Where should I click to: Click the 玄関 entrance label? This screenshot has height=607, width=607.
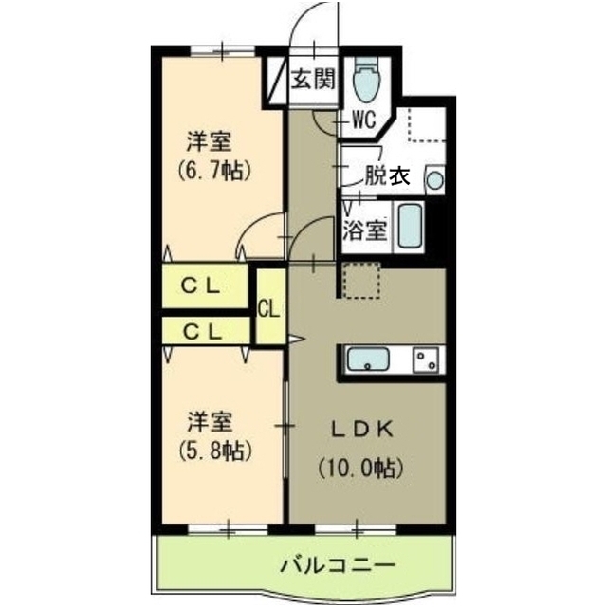311,80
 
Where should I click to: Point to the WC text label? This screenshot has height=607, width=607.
365,120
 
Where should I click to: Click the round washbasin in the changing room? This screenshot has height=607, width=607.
433,177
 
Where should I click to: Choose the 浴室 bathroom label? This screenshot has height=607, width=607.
365,229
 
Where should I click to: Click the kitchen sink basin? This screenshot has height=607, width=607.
370,360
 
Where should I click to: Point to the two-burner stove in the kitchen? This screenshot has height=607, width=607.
425,359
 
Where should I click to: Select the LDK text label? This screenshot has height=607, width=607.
360,429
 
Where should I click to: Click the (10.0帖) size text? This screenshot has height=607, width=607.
360,467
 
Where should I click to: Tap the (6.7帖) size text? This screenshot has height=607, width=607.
211,172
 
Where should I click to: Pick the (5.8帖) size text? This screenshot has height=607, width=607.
210,449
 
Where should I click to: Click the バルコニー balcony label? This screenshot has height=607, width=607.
337,567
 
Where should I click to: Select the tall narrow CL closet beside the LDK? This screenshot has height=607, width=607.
268,307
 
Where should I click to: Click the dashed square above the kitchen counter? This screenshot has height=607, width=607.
361,280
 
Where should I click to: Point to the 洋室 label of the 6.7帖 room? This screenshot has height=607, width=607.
209,143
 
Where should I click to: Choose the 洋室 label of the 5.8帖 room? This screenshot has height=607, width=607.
209,420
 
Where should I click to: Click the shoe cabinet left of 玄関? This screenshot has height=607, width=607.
276,77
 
